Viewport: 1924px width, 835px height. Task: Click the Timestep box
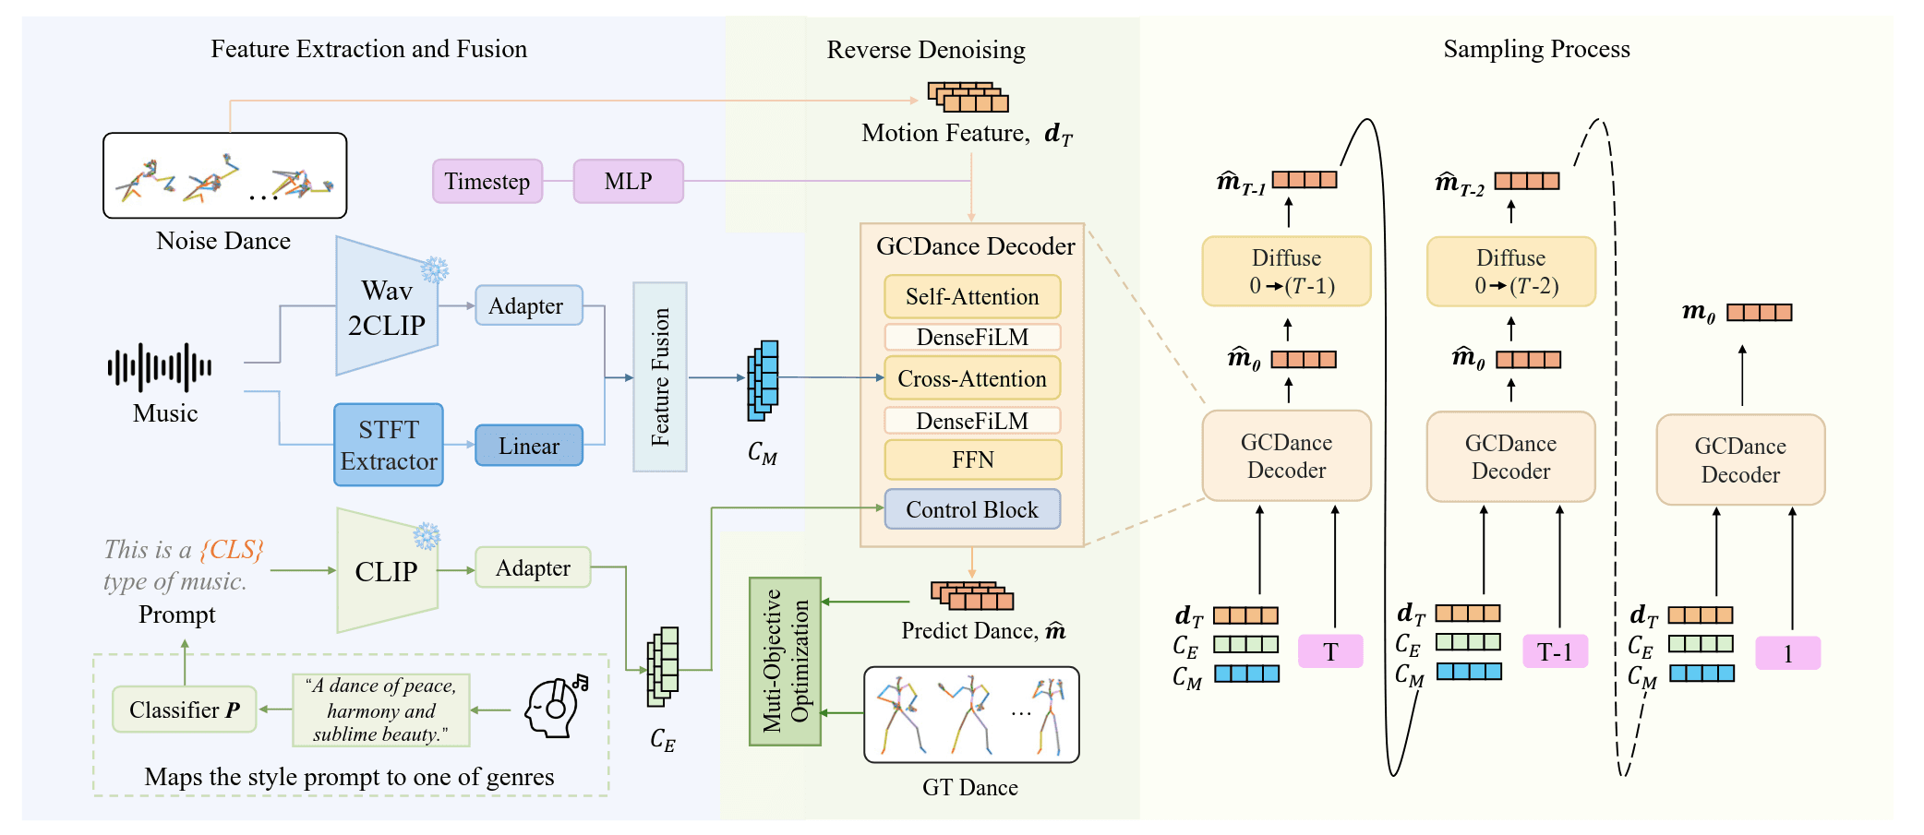(x=487, y=181)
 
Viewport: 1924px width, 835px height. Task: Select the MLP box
(x=628, y=181)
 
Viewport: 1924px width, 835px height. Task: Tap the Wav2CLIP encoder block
(x=387, y=307)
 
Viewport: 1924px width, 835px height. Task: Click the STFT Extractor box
(x=389, y=445)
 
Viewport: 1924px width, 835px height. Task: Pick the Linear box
(x=529, y=446)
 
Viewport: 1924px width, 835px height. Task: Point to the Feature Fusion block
(x=660, y=376)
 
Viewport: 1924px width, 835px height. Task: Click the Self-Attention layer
(x=972, y=296)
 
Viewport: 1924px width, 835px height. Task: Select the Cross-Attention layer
(x=972, y=378)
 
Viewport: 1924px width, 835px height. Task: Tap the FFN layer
(x=972, y=459)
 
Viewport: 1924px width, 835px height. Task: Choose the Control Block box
(x=972, y=509)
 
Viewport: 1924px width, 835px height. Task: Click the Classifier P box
(x=185, y=710)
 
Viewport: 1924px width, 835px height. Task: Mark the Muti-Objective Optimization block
(x=786, y=661)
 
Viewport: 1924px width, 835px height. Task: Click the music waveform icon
(x=160, y=367)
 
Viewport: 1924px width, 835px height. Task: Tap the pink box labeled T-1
(x=1555, y=652)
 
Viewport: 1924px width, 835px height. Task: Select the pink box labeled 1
(x=1787, y=653)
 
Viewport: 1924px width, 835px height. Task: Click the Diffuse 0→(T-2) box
(x=1510, y=271)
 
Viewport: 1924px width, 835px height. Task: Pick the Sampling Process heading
(x=1536, y=49)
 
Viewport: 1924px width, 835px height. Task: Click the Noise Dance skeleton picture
(x=225, y=175)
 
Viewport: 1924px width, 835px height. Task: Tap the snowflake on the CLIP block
(x=427, y=536)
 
